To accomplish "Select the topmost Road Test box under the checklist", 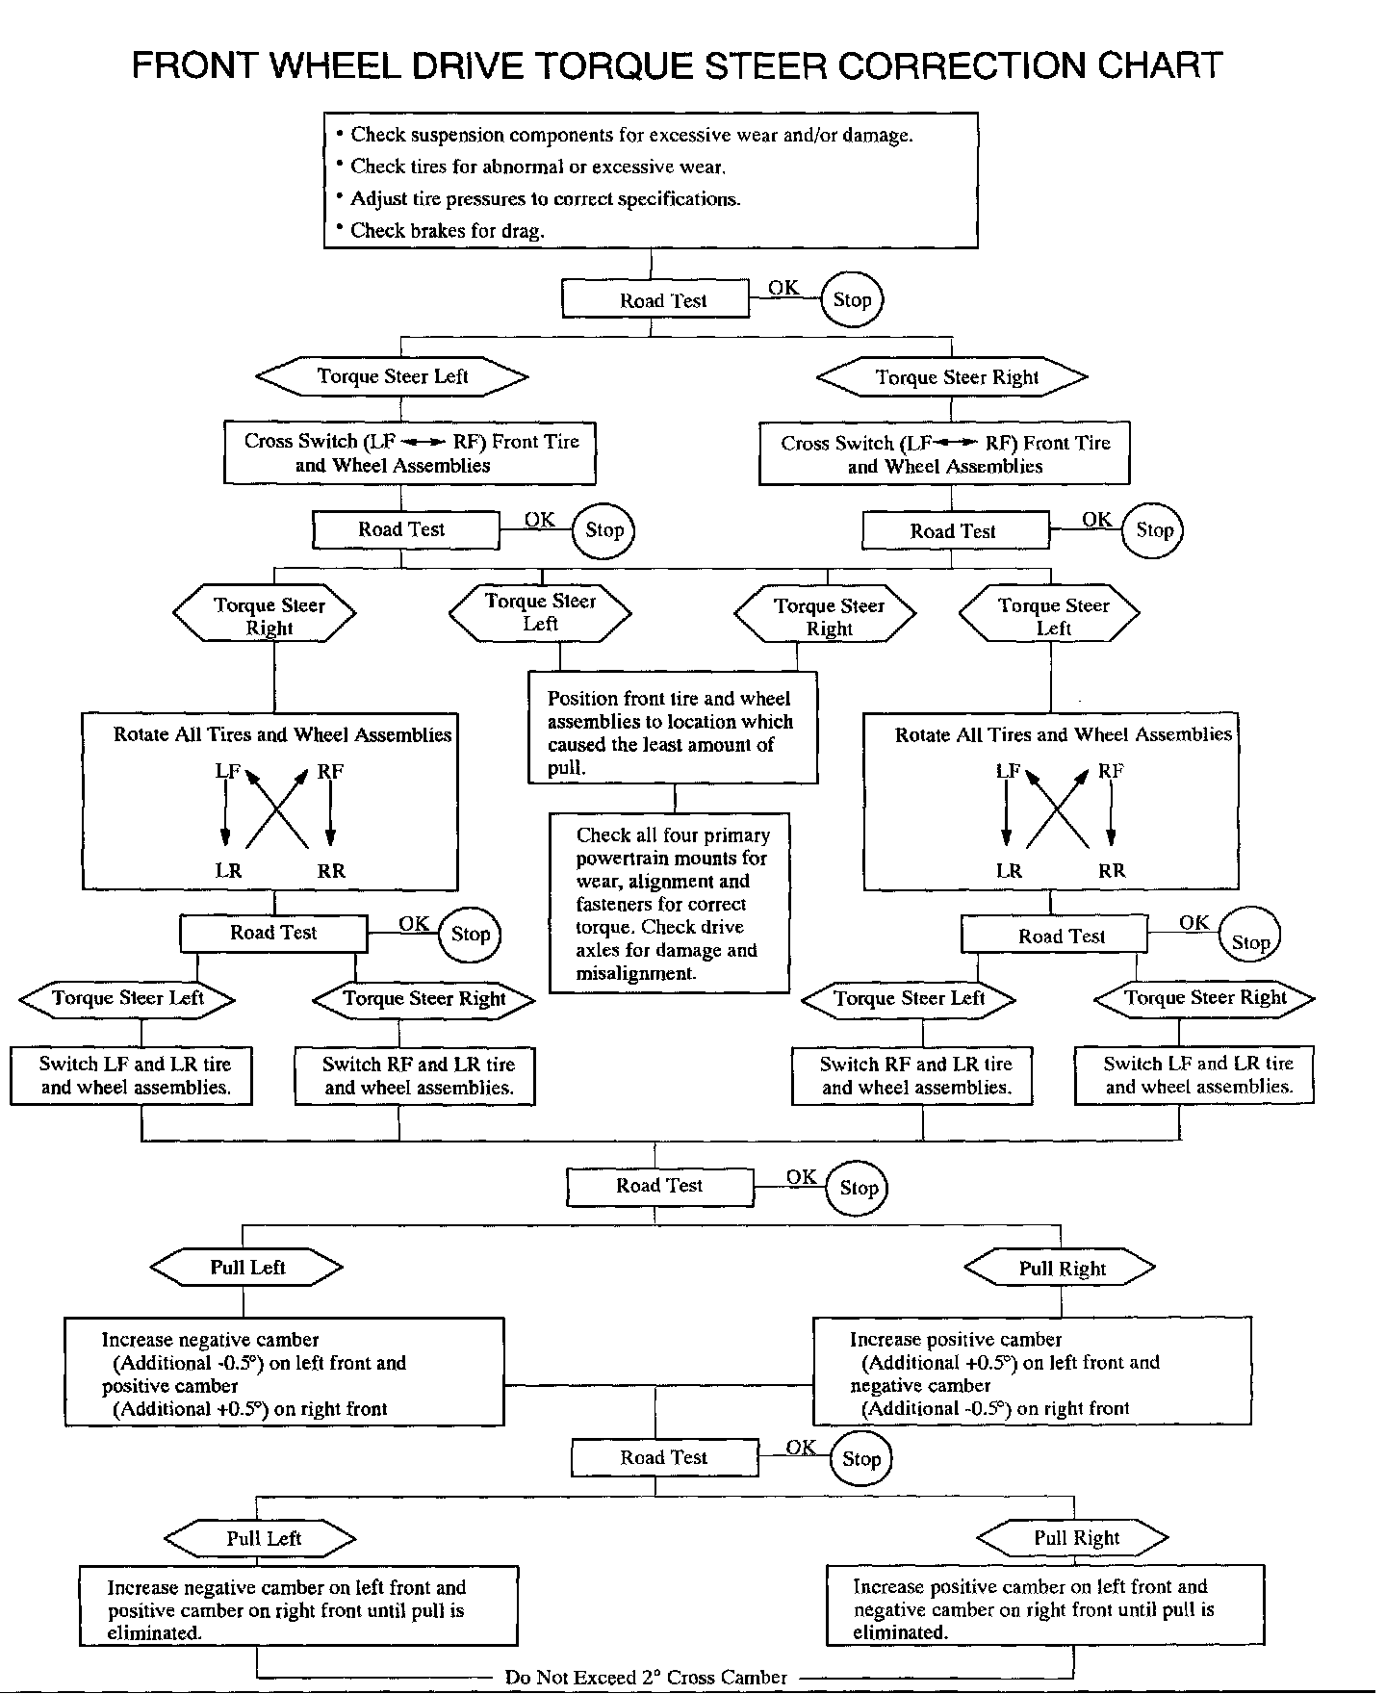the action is (655, 299).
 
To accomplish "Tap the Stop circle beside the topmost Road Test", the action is (852, 299).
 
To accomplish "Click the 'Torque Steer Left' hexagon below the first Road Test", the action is (393, 376).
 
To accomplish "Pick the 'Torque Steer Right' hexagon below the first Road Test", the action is (952, 377).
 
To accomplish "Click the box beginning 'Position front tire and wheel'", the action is (674, 728).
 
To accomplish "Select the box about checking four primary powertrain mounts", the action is (670, 903).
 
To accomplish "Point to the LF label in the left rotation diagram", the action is (228, 771).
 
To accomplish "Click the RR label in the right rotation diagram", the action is (1112, 871).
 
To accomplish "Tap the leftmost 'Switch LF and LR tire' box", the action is (132, 1076).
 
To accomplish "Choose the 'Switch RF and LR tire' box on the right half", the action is (912, 1076).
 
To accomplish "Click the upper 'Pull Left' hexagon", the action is (247, 1268).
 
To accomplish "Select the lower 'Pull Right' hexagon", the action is (1073, 1538).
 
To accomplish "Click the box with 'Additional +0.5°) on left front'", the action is (1033, 1372).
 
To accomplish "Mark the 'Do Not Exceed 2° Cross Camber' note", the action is (646, 1678).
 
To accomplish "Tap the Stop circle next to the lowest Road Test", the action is (861, 1459).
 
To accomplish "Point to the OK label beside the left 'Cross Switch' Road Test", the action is (540, 519).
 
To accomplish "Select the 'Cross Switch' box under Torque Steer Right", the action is (944, 454).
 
